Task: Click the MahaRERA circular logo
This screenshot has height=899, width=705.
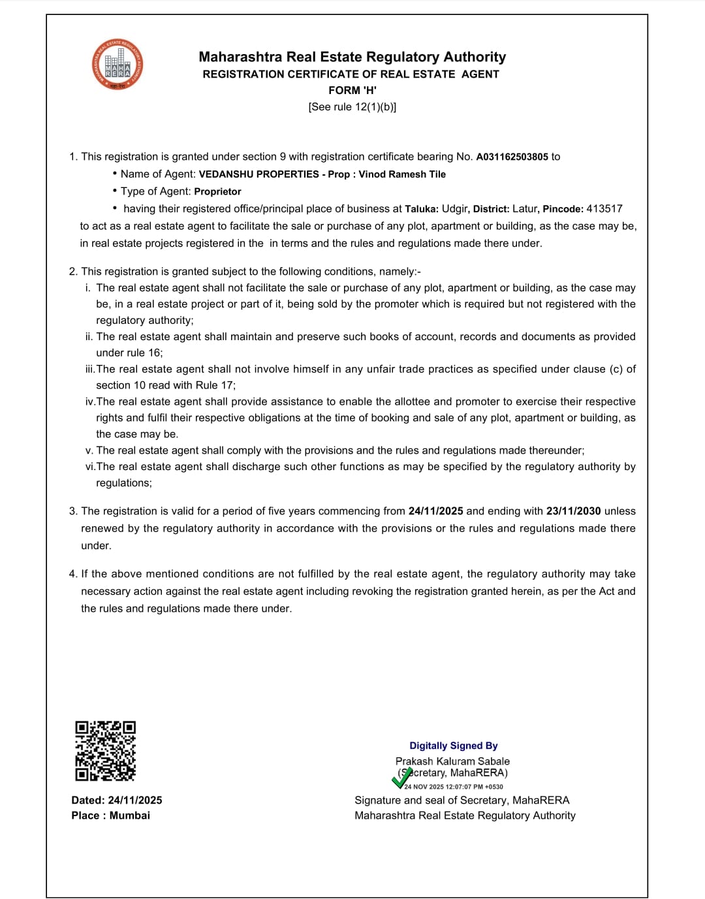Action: tap(117, 65)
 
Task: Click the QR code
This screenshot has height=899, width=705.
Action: tap(105, 751)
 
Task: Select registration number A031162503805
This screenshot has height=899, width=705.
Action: tap(512, 157)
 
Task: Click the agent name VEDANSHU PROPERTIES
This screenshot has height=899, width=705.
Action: tap(258, 174)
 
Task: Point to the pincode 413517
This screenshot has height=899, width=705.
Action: tap(604, 209)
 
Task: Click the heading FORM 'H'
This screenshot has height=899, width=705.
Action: tap(352, 90)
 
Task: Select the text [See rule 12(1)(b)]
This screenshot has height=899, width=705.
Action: tap(352, 107)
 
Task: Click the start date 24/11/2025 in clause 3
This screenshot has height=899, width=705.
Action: tap(435, 511)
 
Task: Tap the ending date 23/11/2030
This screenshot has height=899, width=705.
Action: tap(573, 511)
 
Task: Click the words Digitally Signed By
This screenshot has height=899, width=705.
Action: tap(453, 746)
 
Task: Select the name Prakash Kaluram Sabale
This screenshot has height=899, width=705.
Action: tap(452, 761)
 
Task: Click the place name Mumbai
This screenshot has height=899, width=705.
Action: tap(130, 815)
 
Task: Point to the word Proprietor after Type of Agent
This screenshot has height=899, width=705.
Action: tap(217, 192)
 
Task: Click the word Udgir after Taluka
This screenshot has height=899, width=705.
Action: tap(455, 209)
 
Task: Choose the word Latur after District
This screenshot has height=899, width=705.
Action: tap(525, 209)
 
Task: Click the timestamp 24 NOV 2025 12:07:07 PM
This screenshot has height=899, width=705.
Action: tap(454, 787)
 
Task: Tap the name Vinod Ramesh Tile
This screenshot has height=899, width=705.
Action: tap(402, 174)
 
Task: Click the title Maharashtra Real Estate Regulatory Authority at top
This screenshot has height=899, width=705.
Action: tap(352, 57)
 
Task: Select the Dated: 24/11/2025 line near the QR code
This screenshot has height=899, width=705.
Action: tap(117, 800)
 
